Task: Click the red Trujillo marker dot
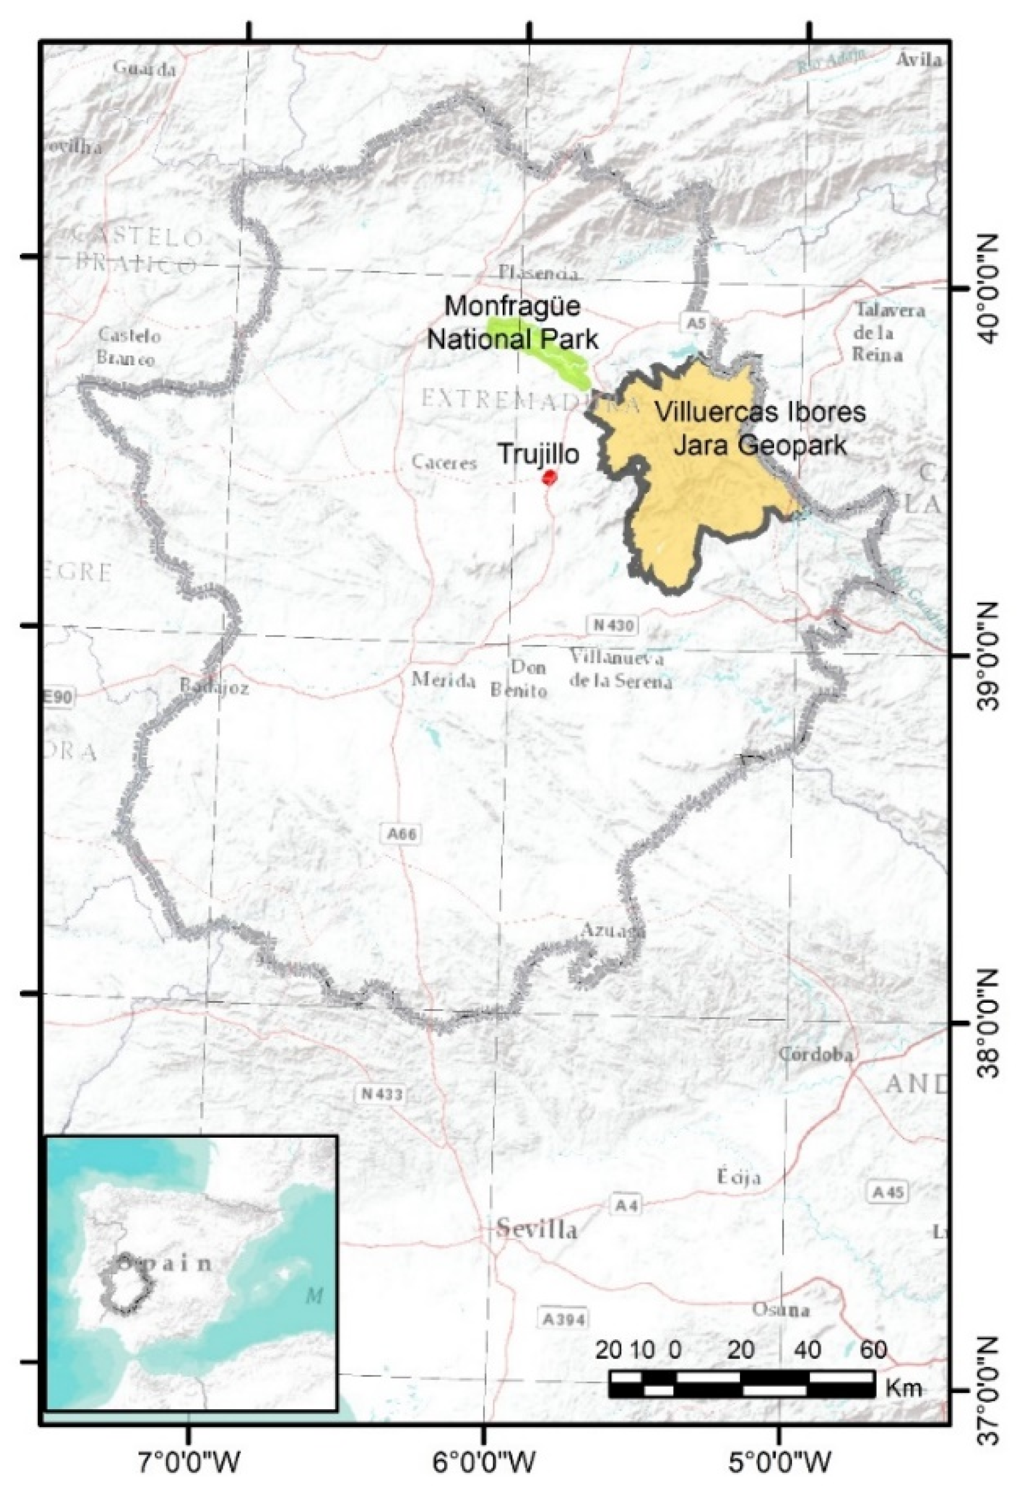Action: pos(549,477)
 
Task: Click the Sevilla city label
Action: pos(537,1229)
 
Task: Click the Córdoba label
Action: pos(816,1054)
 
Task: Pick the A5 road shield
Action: pos(694,323)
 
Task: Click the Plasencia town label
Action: pos(538,274)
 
